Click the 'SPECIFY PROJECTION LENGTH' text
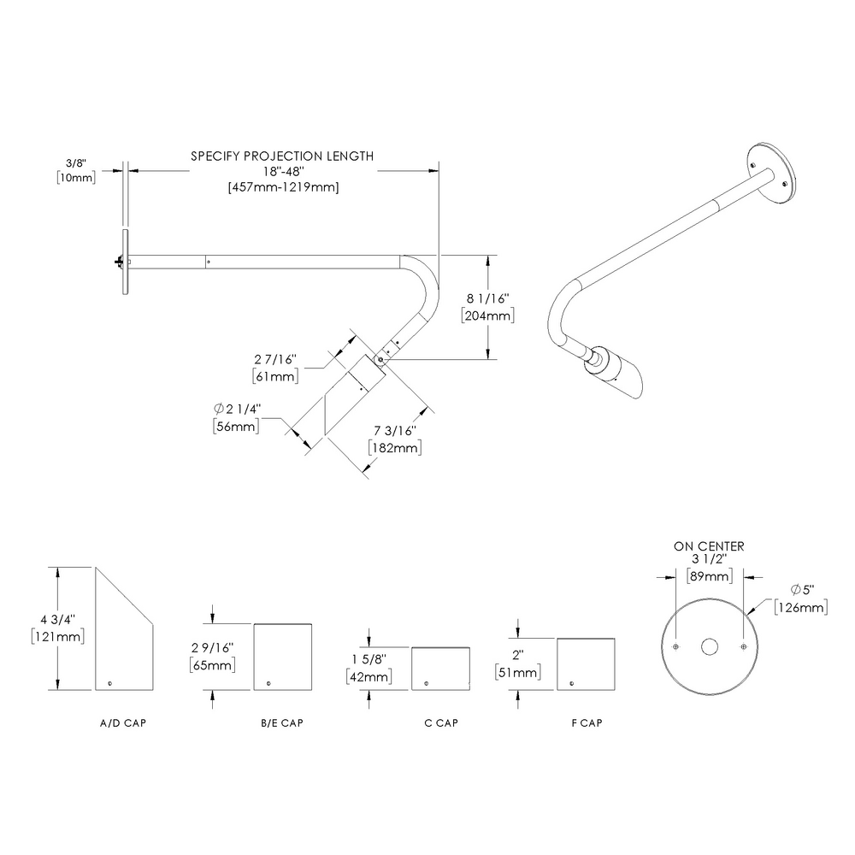[x=281, y=156]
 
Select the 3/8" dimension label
[x=76, y=162]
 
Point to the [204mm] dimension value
[x=486, y=315]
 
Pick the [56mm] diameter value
[x=235, y=427]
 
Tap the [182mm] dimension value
[x=393, y=447]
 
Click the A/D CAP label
[x=123, y=723]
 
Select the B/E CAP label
[x=282, y=723]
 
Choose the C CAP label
[x=441, y=723]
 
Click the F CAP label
[x=587, y=723]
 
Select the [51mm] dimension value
[x=516, y=673]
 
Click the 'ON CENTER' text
[x=709, y=545]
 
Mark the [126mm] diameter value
[x=800, y=607]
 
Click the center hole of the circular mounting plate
[x=709, y=647]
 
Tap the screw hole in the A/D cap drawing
[x=111, y=681]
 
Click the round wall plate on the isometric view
[x=774, y=172]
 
